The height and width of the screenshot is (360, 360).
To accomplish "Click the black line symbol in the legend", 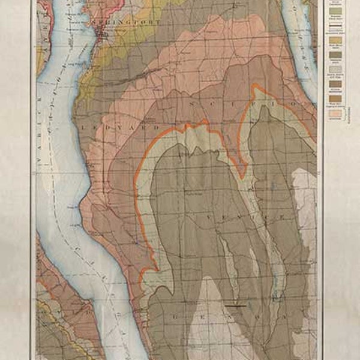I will (335, 27).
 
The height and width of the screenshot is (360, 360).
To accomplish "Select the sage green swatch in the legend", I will (335, 11).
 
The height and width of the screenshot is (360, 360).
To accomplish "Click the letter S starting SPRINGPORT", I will (94, 26).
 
